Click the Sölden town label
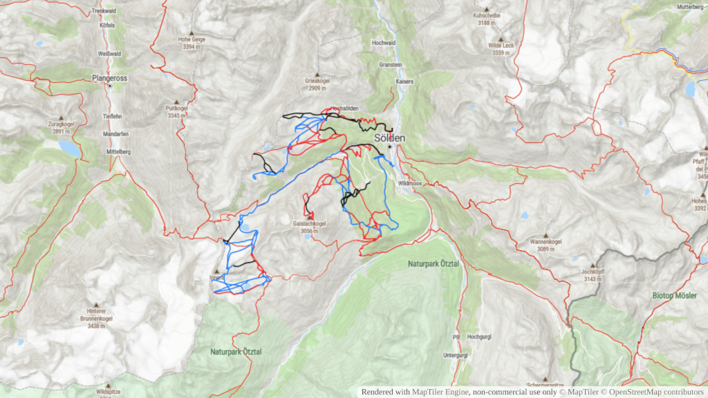click(389, 138)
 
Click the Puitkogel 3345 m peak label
click(177, 112)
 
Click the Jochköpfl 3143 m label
click(593, 275)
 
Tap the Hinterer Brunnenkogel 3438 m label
click(95, 319)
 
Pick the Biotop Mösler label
click(674, 295)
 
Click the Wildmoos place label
click(410, 184)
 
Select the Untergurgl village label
click(456, 355)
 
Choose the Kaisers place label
click(404, 81)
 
